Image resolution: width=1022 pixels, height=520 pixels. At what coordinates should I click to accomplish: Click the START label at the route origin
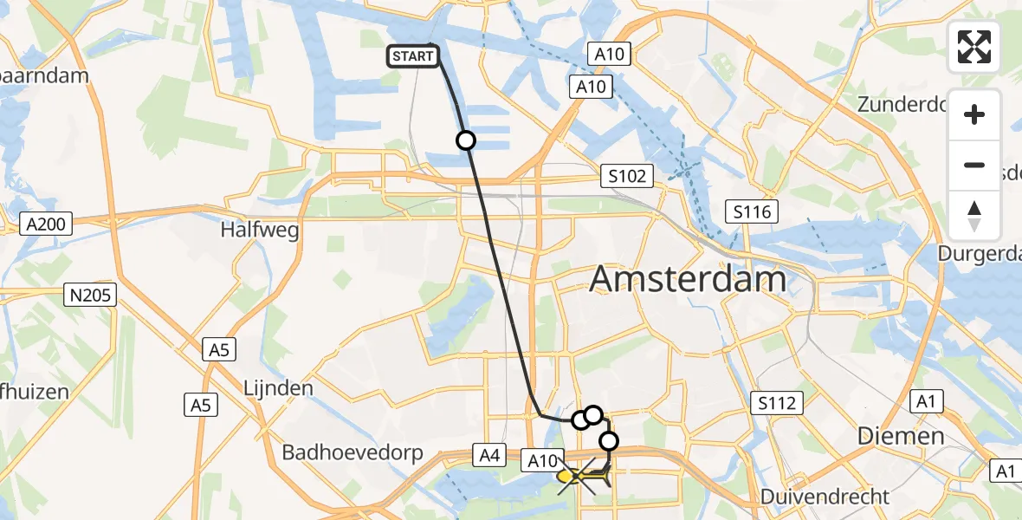click(x=412, y=57)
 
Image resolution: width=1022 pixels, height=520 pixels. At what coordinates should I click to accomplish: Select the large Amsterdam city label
click(x=688, y=280)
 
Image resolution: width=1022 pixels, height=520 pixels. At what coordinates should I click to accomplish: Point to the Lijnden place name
click(x=278, y=387)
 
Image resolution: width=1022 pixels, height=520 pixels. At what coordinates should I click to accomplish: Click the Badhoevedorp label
click(x=352, y=452)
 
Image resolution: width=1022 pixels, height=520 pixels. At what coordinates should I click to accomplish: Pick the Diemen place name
click(x=900, y=435)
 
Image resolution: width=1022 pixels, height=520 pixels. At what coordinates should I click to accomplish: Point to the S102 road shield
click(x=627, y=177)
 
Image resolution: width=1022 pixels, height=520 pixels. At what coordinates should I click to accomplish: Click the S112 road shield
click(x=777, y=403)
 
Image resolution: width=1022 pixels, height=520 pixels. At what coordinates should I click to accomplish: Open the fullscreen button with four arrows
click(x=974, y=47)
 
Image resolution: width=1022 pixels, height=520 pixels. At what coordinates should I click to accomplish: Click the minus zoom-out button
click(x=974, y=165)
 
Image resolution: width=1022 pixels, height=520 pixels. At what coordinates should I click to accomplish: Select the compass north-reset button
click(x=974, y=216)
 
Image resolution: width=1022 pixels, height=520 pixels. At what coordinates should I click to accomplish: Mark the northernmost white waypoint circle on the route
click(x=466, y=140)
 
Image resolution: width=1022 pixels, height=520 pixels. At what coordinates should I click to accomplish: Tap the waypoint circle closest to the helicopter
click(x=609, y=441)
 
